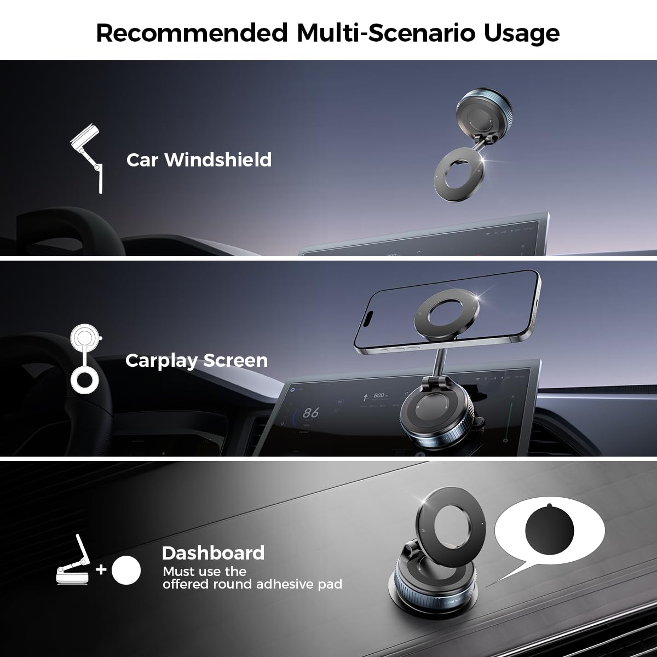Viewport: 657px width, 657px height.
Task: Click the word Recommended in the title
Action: click(192, 33)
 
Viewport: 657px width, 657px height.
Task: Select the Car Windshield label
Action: click(199, 160)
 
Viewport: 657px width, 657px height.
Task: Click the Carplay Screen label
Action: click(197, 360)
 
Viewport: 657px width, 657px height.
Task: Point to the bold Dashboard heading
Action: click(213, 553)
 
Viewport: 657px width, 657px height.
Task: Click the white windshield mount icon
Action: click(88, 159)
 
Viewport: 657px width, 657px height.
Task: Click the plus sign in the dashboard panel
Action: click(101, 570)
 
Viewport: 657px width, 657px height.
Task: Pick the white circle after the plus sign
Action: click(126, 570)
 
